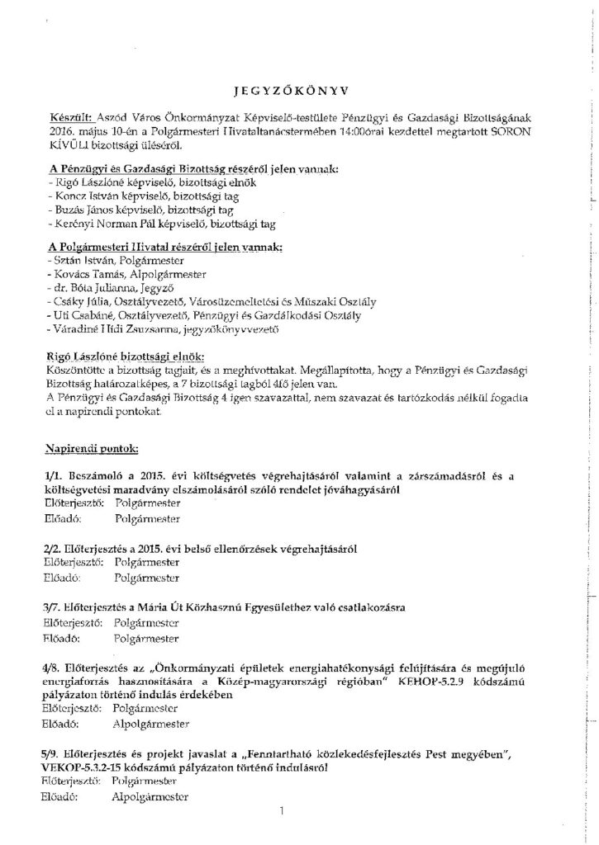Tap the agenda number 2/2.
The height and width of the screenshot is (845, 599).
coord(55,549)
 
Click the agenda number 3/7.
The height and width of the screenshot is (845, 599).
coord(55,607)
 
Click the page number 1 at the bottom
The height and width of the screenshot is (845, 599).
coord(281,810)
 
